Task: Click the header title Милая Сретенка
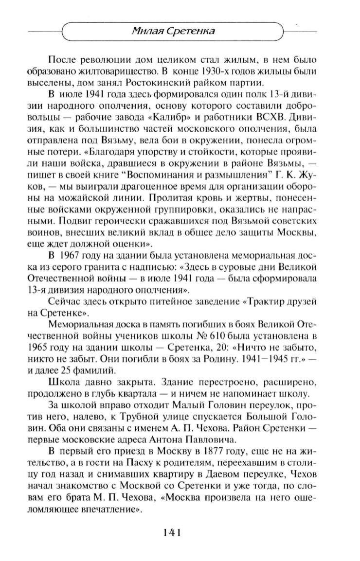[x=174, y=32]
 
